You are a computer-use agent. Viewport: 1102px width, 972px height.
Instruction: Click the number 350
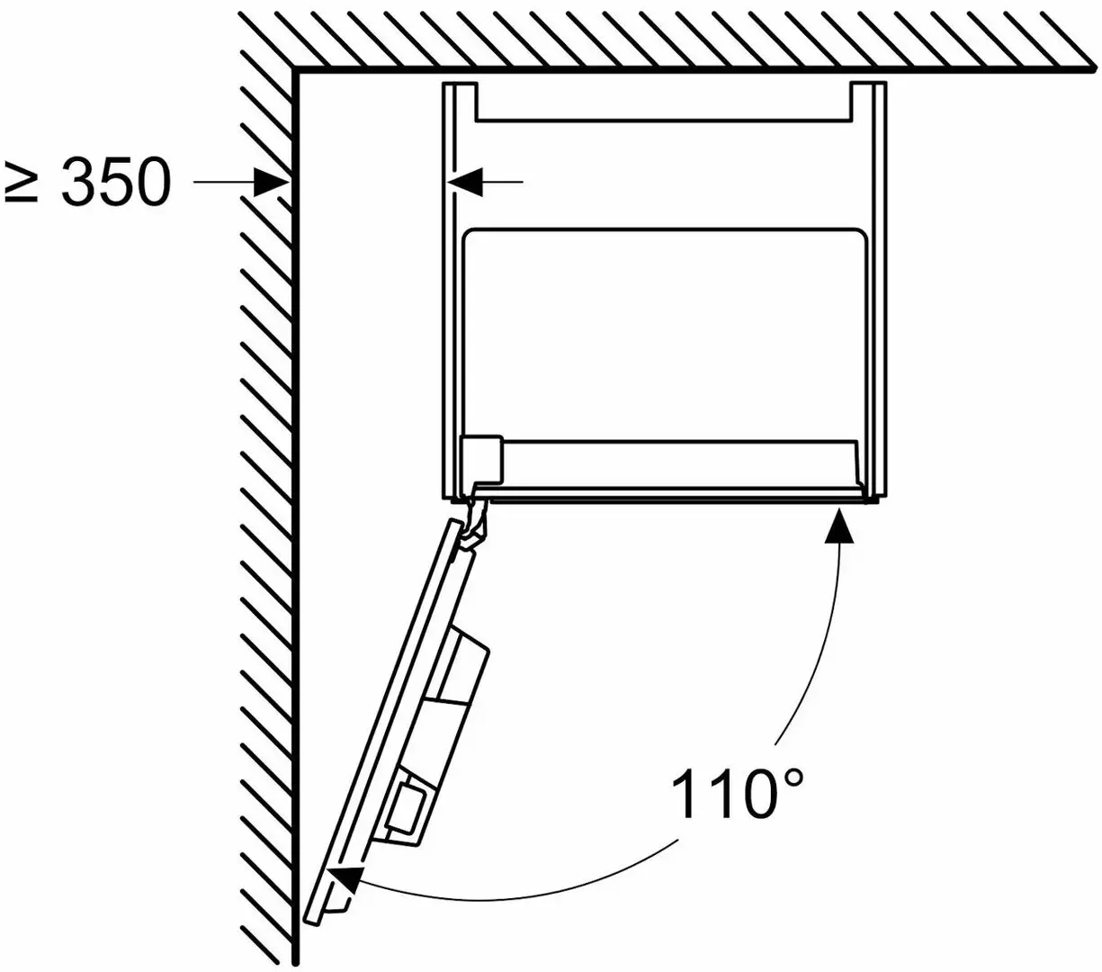click(116, 182)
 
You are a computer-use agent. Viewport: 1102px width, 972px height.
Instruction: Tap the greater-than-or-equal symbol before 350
click(21, 182)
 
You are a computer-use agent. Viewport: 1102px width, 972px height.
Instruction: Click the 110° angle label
click(737, 794)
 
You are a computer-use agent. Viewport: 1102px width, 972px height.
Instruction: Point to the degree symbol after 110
click(790, 780)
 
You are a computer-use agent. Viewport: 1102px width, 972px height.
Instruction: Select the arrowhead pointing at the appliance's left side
click(464, 182)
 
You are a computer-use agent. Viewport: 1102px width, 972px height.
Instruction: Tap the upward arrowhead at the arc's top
click(839, 525)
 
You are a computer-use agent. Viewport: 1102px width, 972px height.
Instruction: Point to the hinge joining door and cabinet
click(474, 518)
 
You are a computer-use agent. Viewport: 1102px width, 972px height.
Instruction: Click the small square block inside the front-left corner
click(482, 459)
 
